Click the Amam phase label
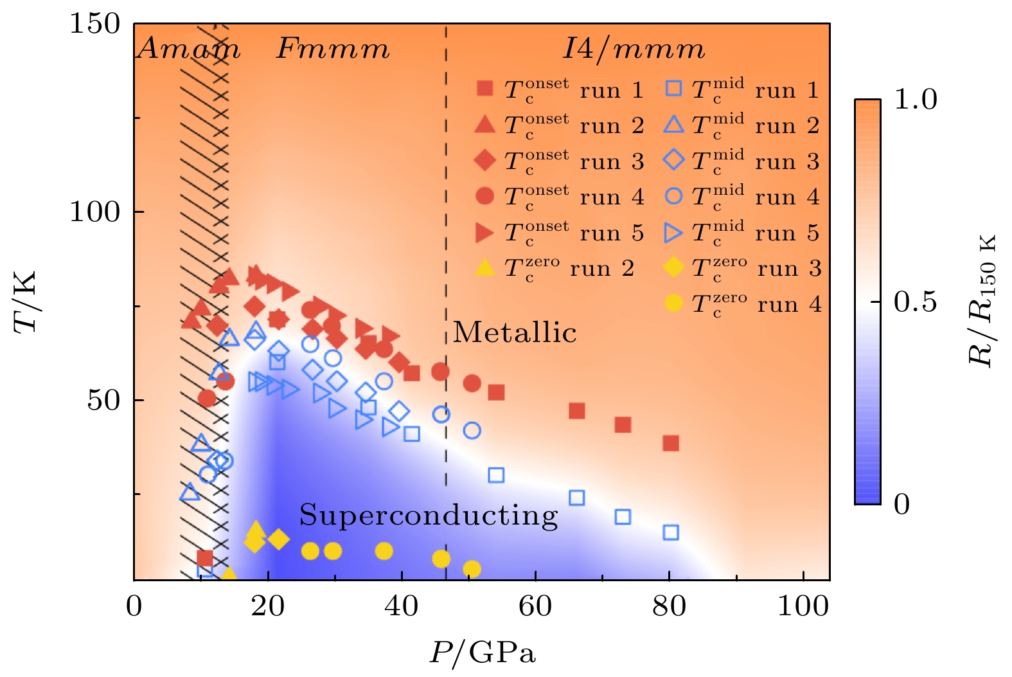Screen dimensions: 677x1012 [189, 49]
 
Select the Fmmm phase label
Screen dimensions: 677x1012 [333, 49]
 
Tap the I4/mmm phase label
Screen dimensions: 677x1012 [634, 49]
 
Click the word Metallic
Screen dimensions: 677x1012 [515, 332]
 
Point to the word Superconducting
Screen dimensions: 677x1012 [429, 515]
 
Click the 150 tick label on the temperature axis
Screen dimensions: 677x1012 [95, 24]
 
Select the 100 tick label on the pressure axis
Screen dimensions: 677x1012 [803, 606]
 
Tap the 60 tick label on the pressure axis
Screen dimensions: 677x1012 [535, 606]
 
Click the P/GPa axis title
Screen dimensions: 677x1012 [482, 653]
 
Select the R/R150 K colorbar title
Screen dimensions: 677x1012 [982, 301]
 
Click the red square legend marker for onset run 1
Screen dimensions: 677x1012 [485, 89]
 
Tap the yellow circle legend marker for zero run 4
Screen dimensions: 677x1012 [673, 303]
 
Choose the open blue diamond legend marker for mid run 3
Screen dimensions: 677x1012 [673, 159]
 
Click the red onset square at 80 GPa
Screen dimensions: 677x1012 [671, 443]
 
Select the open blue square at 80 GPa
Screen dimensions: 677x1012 [671, 532]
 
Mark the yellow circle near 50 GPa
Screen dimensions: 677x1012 [472, 569]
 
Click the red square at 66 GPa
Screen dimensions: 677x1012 [577, 411]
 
